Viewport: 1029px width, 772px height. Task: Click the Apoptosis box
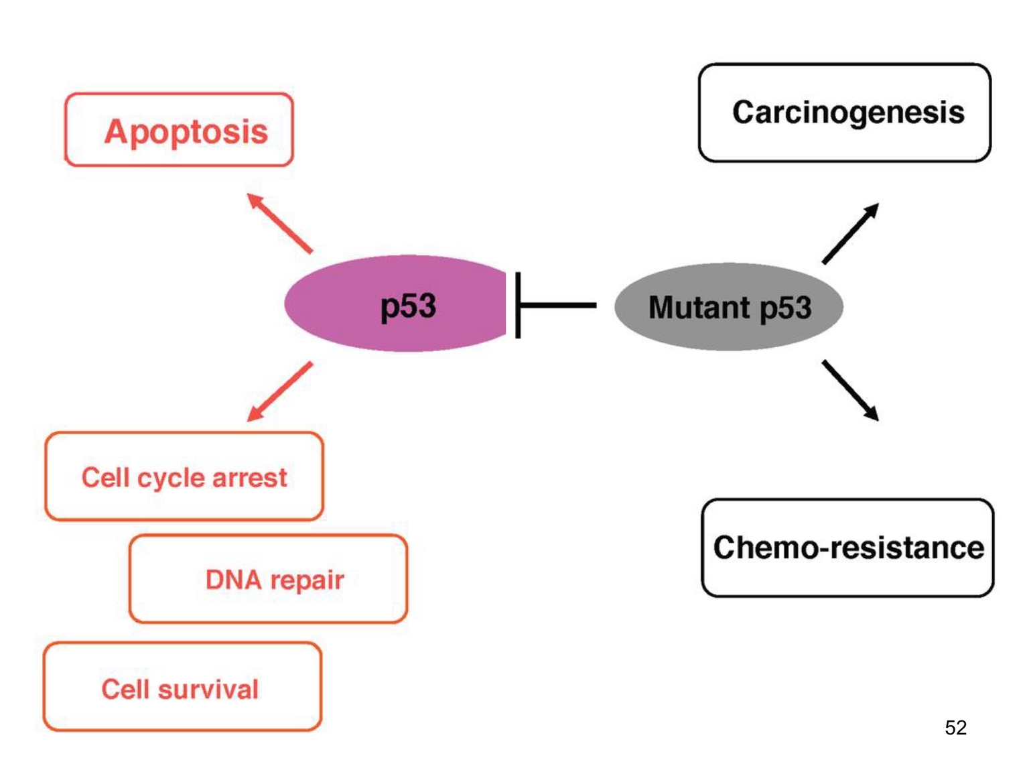tap(179, 130)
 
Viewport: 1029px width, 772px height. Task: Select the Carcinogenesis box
tap(844, 113)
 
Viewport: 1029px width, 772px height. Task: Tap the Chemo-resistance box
tap(847, 548)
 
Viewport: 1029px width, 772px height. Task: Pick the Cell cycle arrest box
tap(184, 476)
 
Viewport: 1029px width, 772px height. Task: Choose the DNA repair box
tap(268, 579)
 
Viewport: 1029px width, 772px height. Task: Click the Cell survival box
tap(182, 687)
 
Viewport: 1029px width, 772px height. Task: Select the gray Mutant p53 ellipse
tap(728, 307)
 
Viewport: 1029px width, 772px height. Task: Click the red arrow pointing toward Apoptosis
tap(279, 223)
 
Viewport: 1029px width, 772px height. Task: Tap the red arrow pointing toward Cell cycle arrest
tap(279, 391)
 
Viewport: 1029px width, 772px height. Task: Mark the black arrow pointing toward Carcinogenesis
tap(850, 234)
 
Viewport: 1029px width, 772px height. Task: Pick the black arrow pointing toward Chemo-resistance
tap(850, 390)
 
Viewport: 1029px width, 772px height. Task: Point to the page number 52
tap(955, 728)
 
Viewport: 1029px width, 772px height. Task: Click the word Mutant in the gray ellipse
tap(699, 308)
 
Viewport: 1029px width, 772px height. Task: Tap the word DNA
tap(233, 580)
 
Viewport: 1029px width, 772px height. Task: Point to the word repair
tap(307, 581)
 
